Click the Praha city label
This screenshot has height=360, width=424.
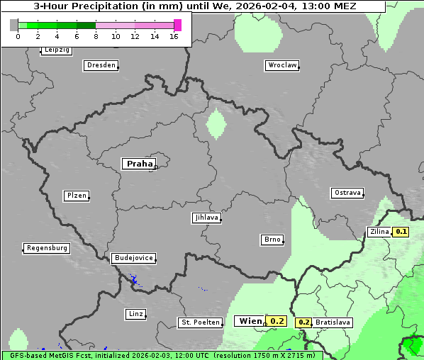click(x=140, y=164)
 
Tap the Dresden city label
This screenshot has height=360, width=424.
click(x=101, y=65)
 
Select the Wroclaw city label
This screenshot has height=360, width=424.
click(x=281, y=65)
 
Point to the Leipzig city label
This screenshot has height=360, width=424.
click(x=56, y=50)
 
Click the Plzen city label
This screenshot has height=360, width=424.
click(x=76, y=196)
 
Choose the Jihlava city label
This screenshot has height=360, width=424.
click(x=206, y=218)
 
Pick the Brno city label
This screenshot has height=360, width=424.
click(x=272, y=240)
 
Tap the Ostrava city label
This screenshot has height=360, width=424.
click(x=347, y=193)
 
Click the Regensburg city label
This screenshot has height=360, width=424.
click(x=47, y=248)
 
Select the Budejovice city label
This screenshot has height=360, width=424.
click(x=133, y=258)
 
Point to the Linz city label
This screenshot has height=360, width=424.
click(x=135, y=314)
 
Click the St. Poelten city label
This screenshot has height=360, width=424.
click(x=200, y=322)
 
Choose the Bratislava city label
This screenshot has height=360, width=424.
click(x=333, y=322)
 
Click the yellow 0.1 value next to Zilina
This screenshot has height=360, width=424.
click(x=401, y=232)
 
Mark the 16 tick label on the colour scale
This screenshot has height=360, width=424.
click(x=174, y=36)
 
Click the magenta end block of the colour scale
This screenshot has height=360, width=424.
click(x=177, y=25)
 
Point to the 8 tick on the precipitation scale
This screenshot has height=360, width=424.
click(x=96, y=36)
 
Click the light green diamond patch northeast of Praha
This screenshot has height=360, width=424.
click(x=216, y=125)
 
